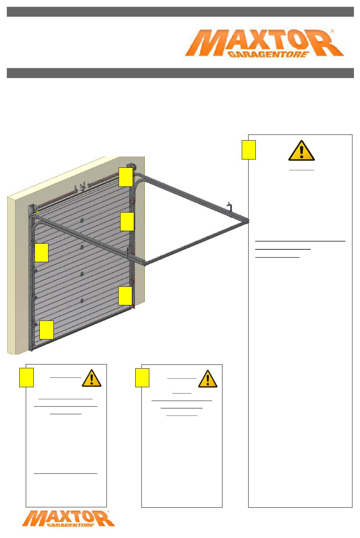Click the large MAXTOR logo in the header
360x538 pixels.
(264, 43)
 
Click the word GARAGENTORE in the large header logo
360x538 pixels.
(268, 55)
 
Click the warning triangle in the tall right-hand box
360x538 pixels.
(301, 150)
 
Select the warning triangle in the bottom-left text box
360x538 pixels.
(91, 378)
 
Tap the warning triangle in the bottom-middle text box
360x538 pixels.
(208, 379)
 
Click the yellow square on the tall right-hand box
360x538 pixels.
(249, 150)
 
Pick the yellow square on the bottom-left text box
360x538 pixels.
(27, 378)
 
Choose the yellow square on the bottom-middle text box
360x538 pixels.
(142, 378)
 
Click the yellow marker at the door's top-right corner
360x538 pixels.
(125, 177)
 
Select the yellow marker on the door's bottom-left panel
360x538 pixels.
(46, 330)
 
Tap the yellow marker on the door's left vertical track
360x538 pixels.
(41, 253)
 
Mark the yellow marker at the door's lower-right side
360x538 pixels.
(125, 296)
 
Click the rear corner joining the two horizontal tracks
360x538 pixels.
(247, 221)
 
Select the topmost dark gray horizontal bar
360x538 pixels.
(180, 12)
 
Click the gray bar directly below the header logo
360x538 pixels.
(180, 73)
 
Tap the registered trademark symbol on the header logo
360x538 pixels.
(333, 31)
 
